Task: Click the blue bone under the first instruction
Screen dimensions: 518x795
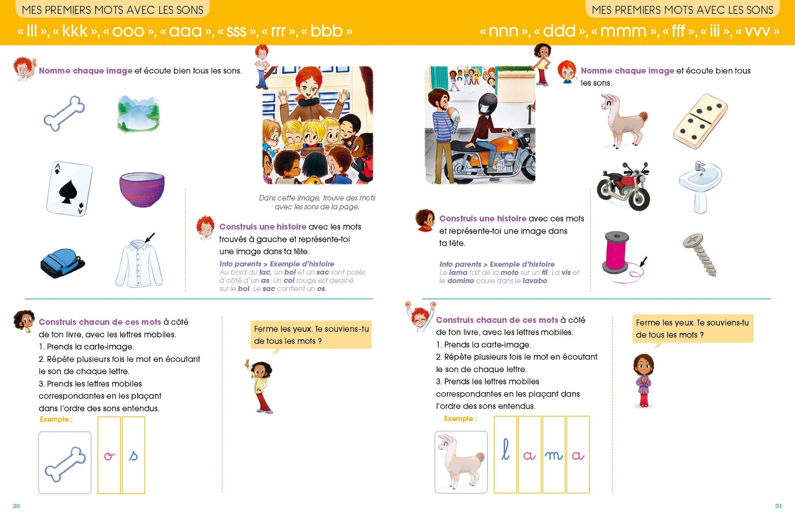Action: pyautogui.click(x=64, y=113)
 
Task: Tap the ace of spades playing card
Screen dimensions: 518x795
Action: pyautogui.click(x=69, y=188)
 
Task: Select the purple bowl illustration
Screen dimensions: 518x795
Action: pyautogui.click(x=142, y=189)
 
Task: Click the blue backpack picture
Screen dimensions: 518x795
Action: pyautogui.click(x=62, y=263)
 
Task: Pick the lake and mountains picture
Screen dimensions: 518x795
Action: pyautogui.click(x=138, y=114)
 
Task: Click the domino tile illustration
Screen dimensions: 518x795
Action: pyautogui.click(x=700, y=121)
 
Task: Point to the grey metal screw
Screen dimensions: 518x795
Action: pyautogui.click(x=700, y=254)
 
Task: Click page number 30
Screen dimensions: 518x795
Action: pyautogui.click(x=16, y=506)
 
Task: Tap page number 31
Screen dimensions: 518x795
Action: pyautogui.click(x=778, y=506)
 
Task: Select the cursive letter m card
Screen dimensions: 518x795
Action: pyautogui.click(x=554, y=454)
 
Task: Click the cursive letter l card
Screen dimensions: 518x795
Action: pyautogui.click(x=505, y=454)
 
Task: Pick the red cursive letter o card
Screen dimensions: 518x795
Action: pyautogui.click(x=109, y=455)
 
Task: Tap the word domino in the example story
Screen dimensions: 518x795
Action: pyautogui.click(x=460, y=281)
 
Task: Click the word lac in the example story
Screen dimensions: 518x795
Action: pyautogui.click(x=265, y=272)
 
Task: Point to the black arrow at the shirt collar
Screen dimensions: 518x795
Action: pyautogui.click(x=150, y=237)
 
